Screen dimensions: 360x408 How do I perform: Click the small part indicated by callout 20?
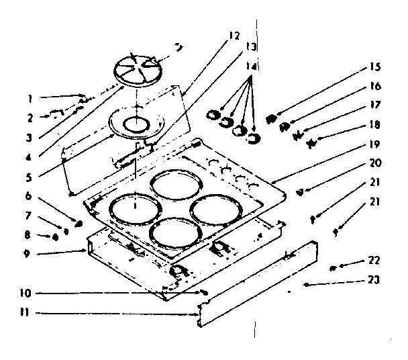[x=299, y=192]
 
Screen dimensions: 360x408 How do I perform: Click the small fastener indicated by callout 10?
[x=201, y=293]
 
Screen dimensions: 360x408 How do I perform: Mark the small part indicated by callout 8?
[x=56, y=236]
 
